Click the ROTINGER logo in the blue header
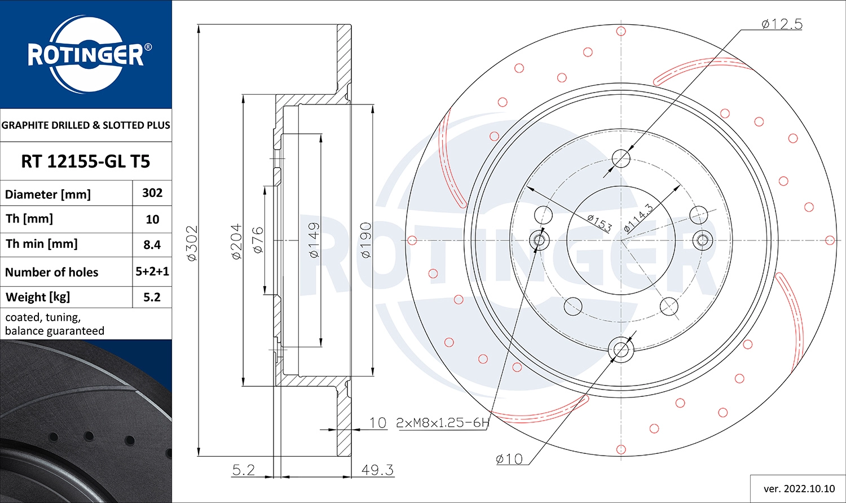point(86,55)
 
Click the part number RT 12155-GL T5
point(86,161)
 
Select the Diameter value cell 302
point(152,193)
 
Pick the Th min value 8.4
point(152,244)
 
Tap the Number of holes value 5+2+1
point(152,272)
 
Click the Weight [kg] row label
point(38,297)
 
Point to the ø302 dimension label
point(192,243)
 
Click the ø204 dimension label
point(236,242)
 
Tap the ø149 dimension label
point(314,240)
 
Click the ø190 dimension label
point(365,240)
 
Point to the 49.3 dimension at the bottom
point(377,470)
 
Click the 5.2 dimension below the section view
point(244,470)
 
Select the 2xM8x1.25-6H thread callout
point(442,422)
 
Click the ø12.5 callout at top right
point(781,24)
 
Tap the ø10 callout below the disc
point(509,459)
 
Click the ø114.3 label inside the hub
point(638,218)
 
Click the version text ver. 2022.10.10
point(799,488)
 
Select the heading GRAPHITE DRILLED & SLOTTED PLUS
point(86,125)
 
